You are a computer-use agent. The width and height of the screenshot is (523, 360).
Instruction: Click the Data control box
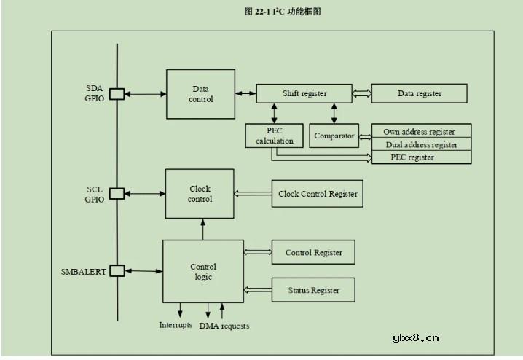coord(200,94)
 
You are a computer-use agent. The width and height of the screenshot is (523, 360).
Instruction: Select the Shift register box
coord(304,93)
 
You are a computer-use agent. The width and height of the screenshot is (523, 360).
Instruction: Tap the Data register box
coord(419,93)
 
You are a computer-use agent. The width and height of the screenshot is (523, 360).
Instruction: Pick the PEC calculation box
coord(274,135)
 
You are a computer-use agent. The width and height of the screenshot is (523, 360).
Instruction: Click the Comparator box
coord(334,136)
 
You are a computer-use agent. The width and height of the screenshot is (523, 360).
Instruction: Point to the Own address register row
coord(421,132)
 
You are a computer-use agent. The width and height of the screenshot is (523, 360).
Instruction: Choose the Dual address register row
coord(421,144)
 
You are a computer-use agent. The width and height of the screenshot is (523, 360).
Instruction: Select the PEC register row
coord(421,157)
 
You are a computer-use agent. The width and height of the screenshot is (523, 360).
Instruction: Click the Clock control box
coord(200,193)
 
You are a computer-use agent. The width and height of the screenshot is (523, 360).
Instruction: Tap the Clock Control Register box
coord(318,194)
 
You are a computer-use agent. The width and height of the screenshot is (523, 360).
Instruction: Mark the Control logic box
coord(202,271)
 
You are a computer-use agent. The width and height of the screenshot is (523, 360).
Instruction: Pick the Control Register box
coord(313,252)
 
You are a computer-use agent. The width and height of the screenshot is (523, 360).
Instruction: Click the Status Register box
coord(314,290)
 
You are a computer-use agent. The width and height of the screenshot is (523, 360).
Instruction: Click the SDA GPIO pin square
coord(117,94)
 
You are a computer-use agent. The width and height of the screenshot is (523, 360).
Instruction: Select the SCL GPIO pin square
coord(117,193)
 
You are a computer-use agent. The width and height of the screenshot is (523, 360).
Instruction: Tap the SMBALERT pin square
coord(117,271)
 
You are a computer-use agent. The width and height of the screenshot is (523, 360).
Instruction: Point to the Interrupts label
coord(176,324)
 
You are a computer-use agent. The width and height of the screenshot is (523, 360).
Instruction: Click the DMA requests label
coord(224,326)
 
